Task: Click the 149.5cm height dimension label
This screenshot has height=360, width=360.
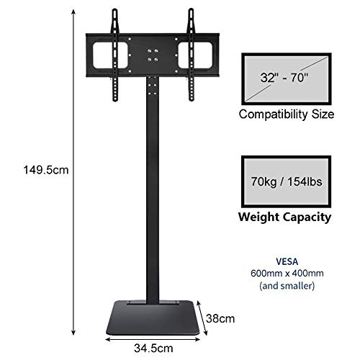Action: point(46,170)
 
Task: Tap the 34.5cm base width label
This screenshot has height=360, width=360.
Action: point(153,348)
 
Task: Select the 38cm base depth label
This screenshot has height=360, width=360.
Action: point(220,319)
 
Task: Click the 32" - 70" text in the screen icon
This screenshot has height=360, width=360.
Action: point(284,78)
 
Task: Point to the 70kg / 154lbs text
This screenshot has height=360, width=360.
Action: point(287,181)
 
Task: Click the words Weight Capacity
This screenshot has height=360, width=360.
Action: point(284,217)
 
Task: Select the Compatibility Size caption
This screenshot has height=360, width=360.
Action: point(287,114)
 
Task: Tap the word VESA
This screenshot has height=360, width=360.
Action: point(287,261)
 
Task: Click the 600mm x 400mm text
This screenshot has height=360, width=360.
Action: point(287,274)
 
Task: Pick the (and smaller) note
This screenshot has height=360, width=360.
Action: point(287,286)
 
